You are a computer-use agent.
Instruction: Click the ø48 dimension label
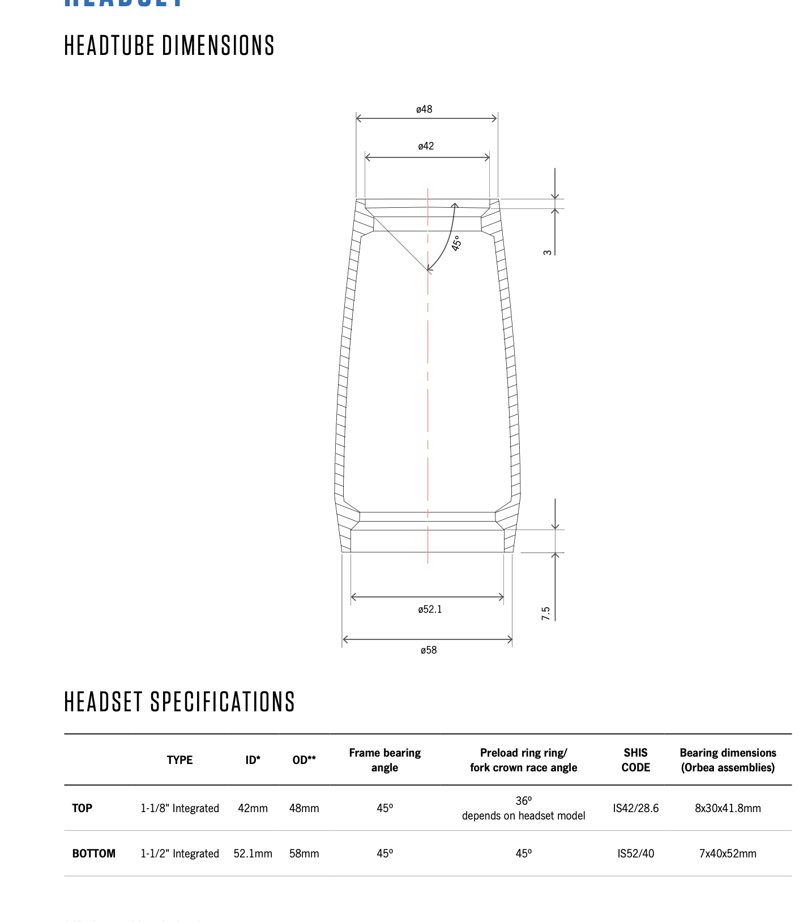pos(424,109)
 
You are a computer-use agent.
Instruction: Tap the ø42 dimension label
pos(426,146)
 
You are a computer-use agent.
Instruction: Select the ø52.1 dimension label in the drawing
pos(430,609)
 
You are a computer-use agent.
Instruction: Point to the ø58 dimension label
pos(429,650)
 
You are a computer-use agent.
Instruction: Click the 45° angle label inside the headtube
pos(456,244)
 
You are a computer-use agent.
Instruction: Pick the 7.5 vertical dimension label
pos(546,613)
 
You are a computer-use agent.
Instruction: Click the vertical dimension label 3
pos(548,253)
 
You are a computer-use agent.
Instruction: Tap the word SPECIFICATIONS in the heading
pos(222,702)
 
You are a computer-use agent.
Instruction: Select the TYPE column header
pos(180,760)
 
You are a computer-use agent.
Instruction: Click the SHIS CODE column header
pos(635,760)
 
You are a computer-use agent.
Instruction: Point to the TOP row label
pos(82,808)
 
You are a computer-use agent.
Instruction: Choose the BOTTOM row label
pos(93,853)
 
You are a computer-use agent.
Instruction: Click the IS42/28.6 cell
pos(635,808)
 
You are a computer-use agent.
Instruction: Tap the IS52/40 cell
pos(635,853)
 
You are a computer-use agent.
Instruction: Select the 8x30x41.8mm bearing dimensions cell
pos(728,808)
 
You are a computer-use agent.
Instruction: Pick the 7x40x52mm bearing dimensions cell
pos(728,853)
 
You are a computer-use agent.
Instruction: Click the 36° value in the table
pos(523,801)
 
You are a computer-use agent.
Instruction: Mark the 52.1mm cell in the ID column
pos(253,853)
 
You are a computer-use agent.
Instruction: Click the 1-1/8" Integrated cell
pos(180,808)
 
